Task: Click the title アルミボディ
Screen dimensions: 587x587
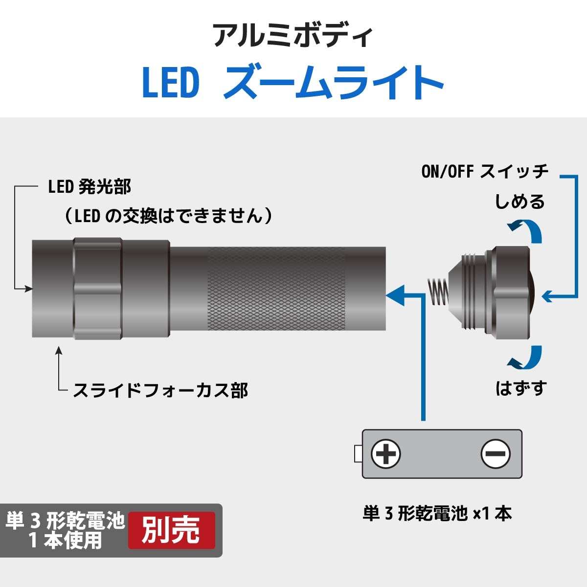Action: (x=293, y=36)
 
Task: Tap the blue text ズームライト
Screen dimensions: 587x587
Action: (x=334, y=82)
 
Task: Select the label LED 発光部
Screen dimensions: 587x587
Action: (x=90, y=187)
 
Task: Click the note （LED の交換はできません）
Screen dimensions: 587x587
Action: (x=168, y=216)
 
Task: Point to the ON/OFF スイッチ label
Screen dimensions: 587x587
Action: (x=485, y=171)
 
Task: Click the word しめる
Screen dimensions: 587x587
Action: (x=519, y=202)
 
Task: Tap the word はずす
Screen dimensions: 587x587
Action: (x=521, y=388)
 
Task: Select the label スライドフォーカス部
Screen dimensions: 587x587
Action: (x=160, y=390)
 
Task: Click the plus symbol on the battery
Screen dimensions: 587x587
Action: (x=385, y=454)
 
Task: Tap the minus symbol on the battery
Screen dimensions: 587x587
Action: (x=496, y=454)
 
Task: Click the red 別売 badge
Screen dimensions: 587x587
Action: (x=172, y=530)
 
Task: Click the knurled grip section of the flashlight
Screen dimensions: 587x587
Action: (x=276, y=289)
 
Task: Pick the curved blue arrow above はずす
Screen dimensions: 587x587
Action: (x=525, y=357)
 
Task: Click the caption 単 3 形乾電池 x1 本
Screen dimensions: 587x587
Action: (x=437, y=514)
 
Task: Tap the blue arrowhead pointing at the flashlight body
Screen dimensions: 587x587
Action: (x=395, y=295)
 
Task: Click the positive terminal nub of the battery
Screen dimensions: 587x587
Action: (x=358, y=454)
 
